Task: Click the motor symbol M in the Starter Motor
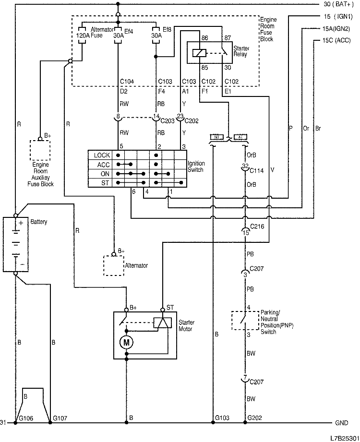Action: [127, 342]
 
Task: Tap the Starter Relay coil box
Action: [198, 53]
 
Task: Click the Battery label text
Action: [39, 223]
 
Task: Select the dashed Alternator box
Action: [113, 265]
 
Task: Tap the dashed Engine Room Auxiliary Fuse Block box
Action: [40, 150]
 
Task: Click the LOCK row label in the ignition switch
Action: [102, 155]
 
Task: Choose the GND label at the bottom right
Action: [341, 423]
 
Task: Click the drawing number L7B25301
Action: [343, 438]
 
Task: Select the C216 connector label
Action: [257, 225]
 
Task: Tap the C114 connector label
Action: [257, 170]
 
